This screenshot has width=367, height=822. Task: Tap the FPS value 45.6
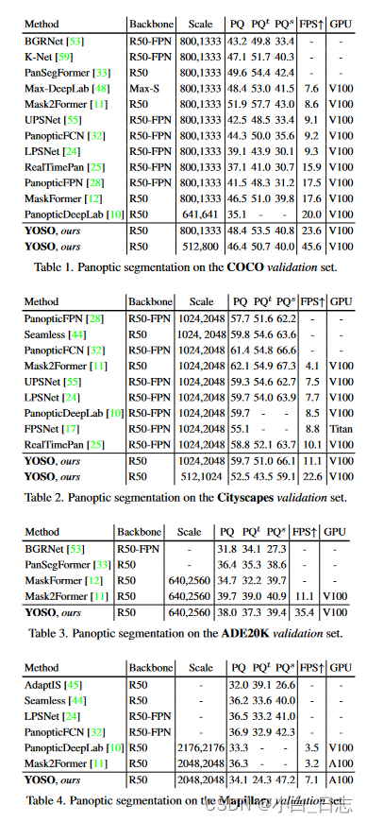pyautogui.click(x=311, y=245)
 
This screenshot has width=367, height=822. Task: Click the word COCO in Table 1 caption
pyautogui.click(x=241, y=267)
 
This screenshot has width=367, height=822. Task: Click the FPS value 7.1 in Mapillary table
pyautogui.click(x=312, y=779)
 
